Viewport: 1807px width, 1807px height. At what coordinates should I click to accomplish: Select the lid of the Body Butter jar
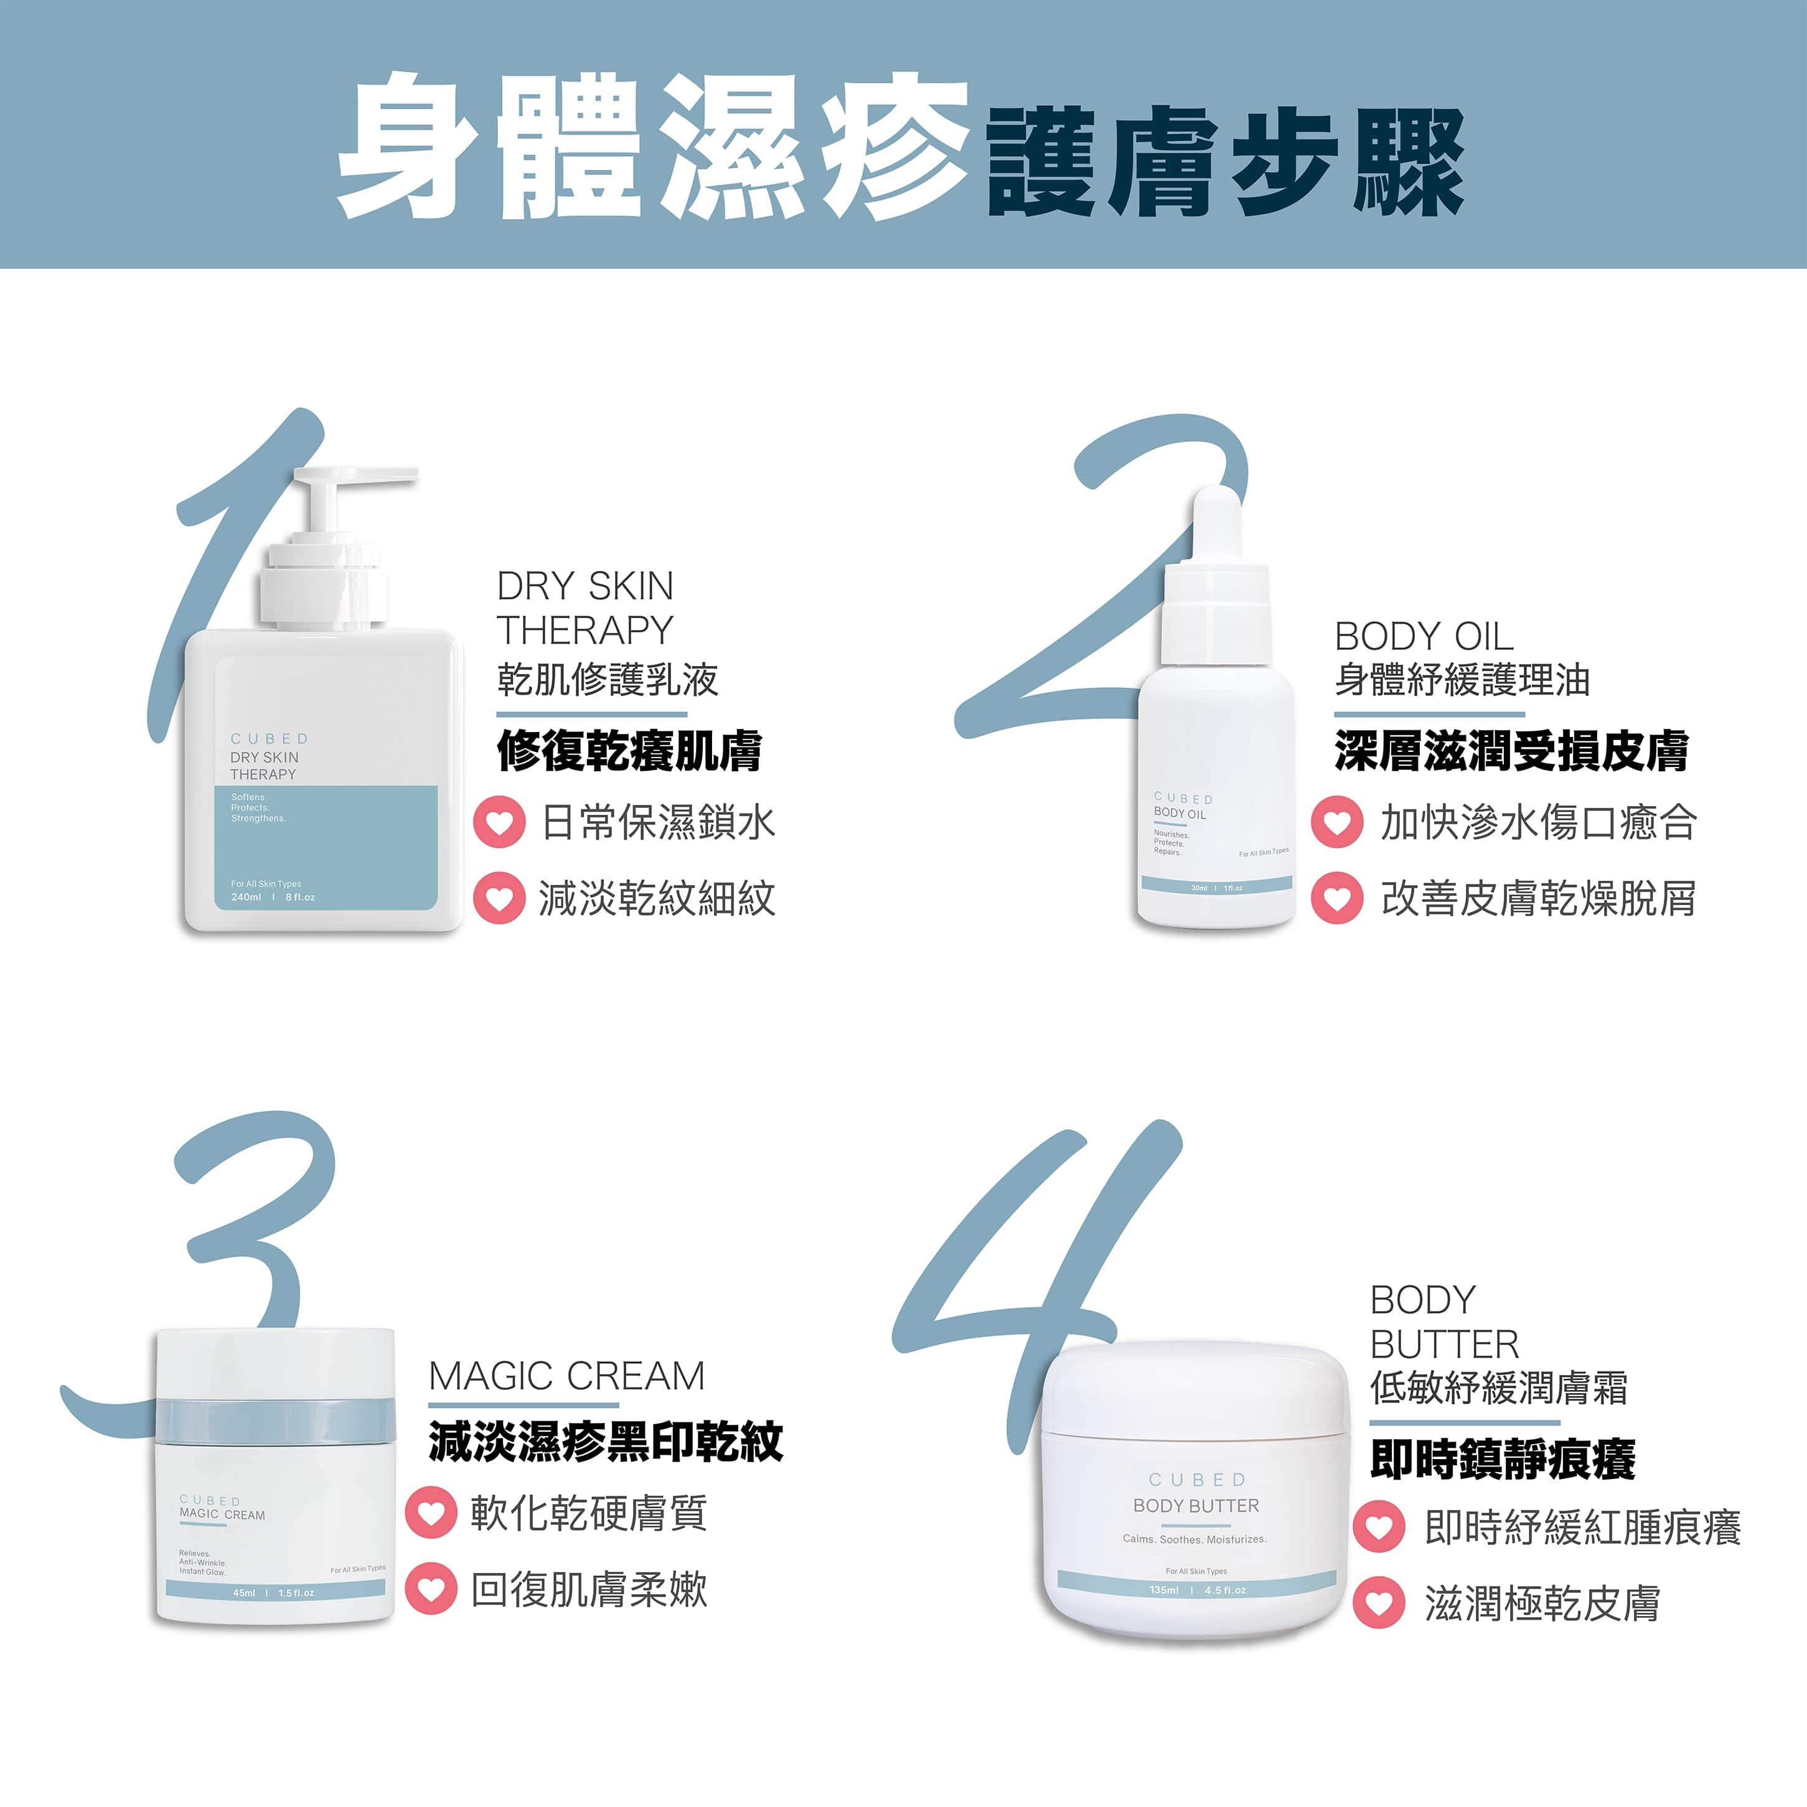(x=1195, y=1390)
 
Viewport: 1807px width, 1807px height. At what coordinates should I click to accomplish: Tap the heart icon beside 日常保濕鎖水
(x=499, y=822)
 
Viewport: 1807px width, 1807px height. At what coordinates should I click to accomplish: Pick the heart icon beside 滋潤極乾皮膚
(x=1379, y=1602)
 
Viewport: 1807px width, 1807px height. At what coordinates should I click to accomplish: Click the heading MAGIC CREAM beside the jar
(x=566, y=1376)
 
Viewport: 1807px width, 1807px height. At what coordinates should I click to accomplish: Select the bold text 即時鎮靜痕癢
(x=1502, y=1458)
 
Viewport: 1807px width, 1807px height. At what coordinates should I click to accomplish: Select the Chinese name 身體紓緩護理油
(x=1462, y=680)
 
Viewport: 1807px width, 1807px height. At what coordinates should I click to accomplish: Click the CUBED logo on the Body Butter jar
(x=1196, y=1479)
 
